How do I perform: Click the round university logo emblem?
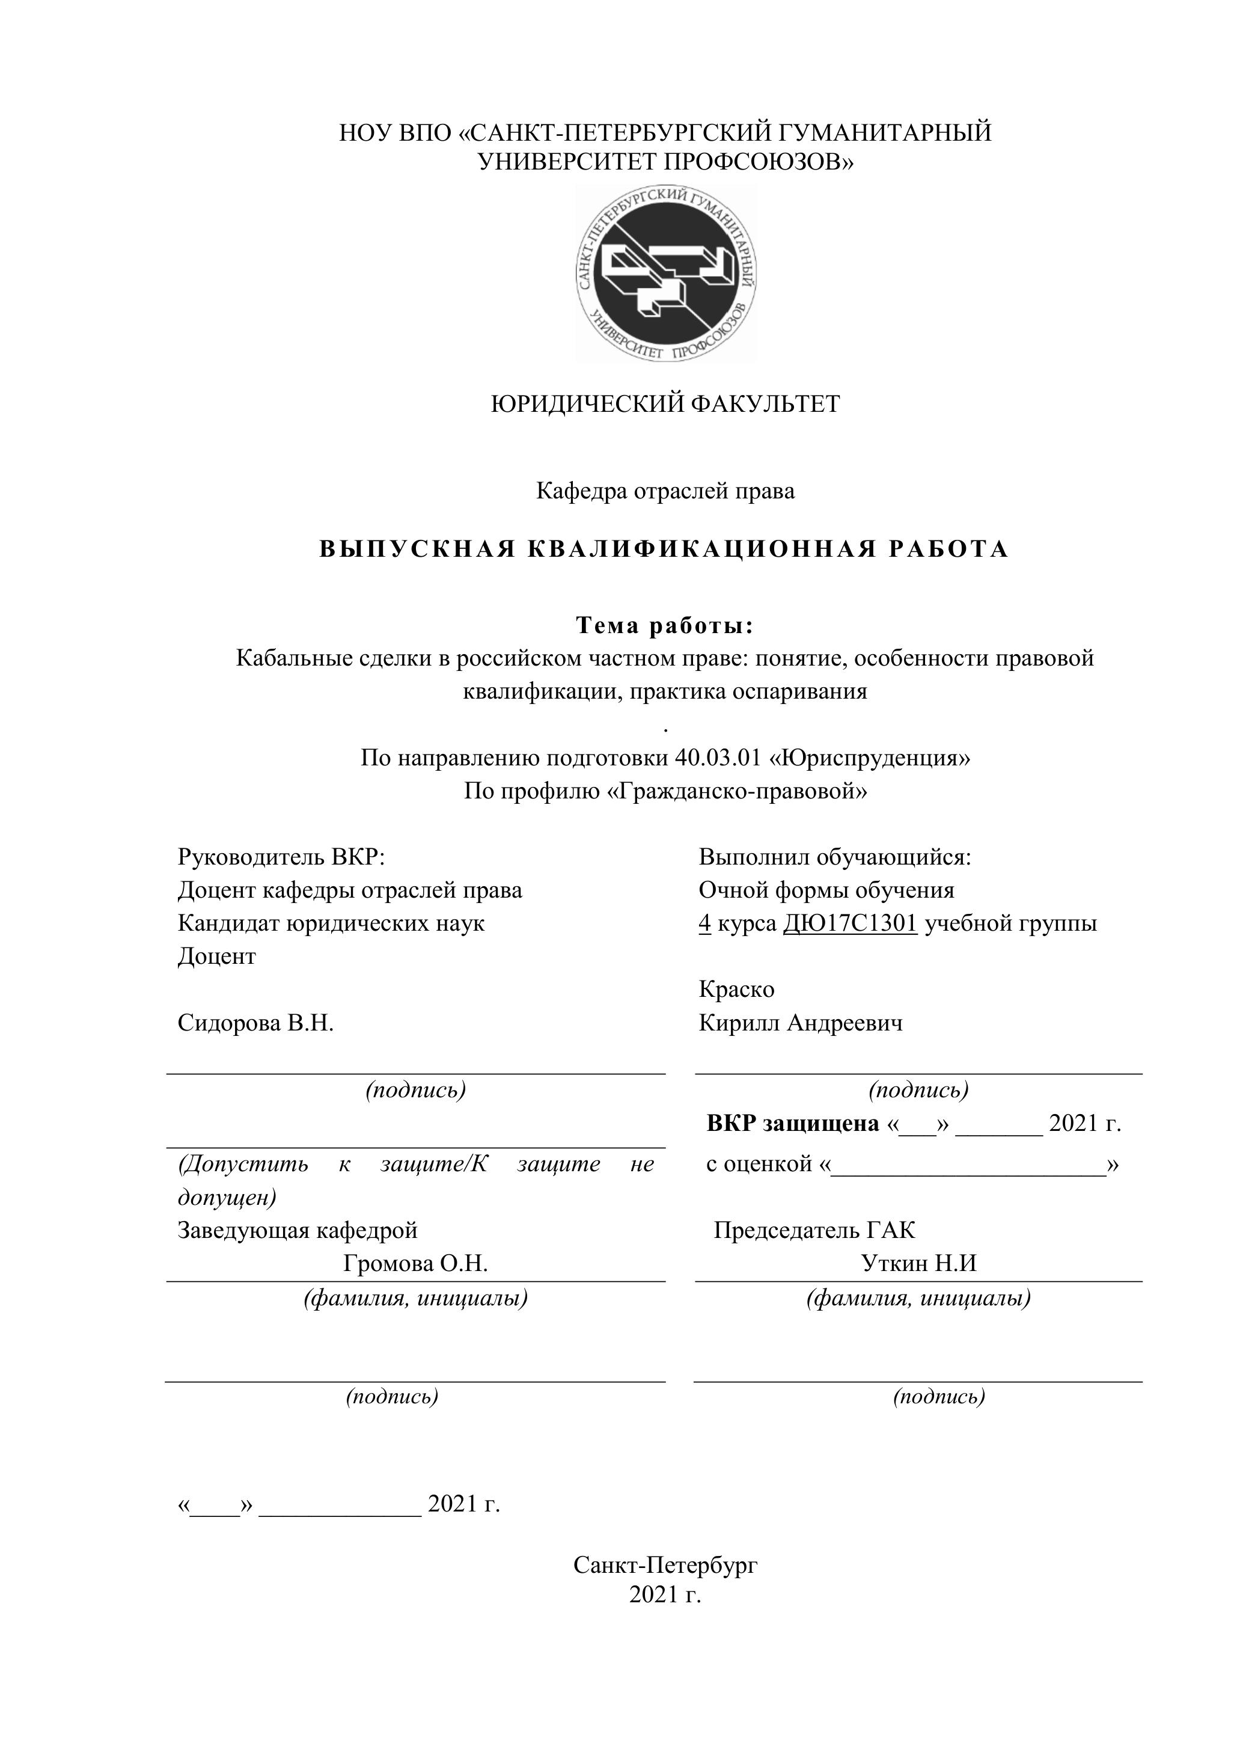click(x=666, y=274)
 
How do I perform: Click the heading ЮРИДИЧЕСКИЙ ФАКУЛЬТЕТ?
click(x=665, y=403)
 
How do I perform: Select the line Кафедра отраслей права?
click(x=665, y=491)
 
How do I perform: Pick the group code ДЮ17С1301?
click(x=849, y=923)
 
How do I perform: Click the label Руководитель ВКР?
click(x=281, y=857)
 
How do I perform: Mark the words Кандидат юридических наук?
click(x=331, y=923)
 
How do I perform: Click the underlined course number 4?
click(x=705, y=923)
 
